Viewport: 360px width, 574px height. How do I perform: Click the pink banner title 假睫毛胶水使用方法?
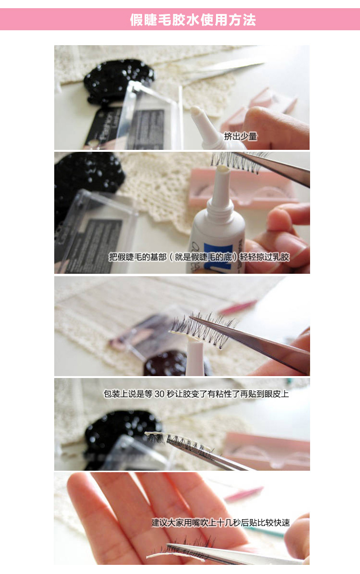coord(193,20)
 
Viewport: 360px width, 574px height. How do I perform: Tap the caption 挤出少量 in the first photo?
coord(240,136)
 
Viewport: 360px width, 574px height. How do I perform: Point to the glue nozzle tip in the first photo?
coord(194,110)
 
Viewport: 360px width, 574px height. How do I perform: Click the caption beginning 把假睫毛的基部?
coord(199,257)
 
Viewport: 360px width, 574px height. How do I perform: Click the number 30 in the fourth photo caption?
coord(159,394)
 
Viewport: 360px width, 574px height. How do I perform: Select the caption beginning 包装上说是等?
coord(196,394)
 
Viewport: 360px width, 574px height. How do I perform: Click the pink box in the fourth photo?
coord(267,450)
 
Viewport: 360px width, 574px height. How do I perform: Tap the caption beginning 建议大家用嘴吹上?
coord(221,523)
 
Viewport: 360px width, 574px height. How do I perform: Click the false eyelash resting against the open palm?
coord(183,549)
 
